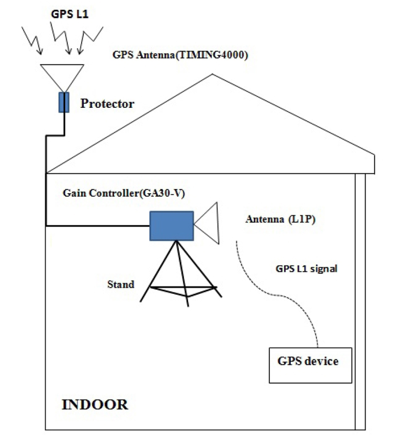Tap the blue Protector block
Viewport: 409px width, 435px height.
click(64, 102)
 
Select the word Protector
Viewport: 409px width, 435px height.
click(107, 104)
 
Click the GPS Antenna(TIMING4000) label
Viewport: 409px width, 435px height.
click(180, 56)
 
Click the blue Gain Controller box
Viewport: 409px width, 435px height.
click(171, 225)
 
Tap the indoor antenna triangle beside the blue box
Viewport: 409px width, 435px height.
click(208, 225)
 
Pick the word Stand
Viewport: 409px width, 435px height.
click(121, 284)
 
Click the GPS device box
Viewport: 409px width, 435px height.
click(310, 364)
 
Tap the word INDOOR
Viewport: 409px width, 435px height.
click(95, 405)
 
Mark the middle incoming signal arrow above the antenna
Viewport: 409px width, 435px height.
click(65, 38)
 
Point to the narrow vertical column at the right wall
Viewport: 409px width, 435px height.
click(360, 302)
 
